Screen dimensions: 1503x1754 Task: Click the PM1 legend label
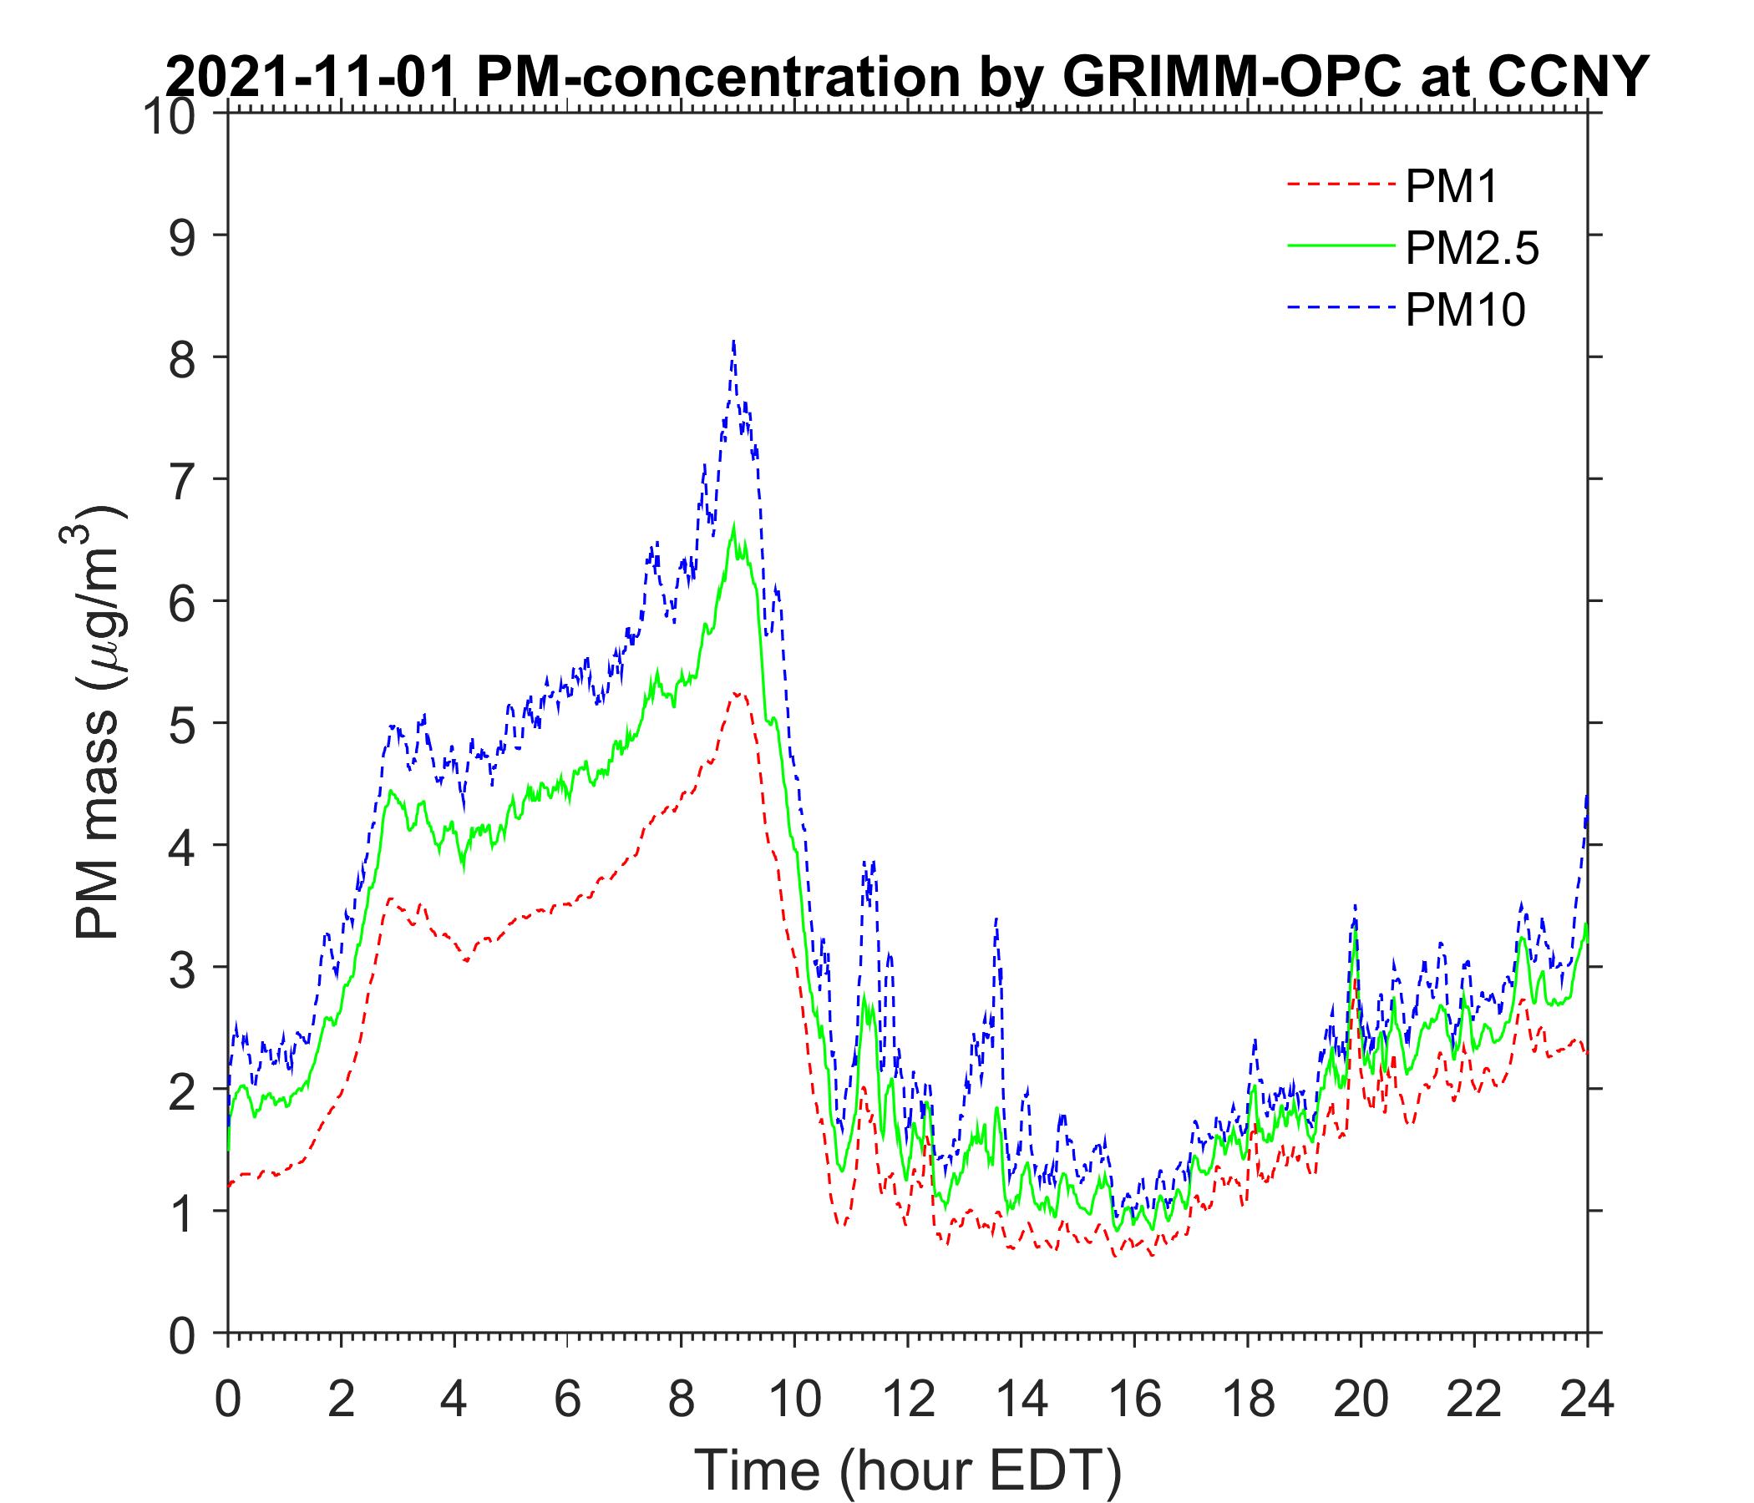(x=1451, y=187)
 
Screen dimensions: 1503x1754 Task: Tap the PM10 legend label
(x=1464, y=310)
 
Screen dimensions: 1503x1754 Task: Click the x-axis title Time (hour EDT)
(x=907, y=1470)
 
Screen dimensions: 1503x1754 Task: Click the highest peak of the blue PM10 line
(x=733, y=342)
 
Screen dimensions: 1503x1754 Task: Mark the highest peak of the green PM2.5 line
(x=734, y=524)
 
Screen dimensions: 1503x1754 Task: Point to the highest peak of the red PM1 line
(x=738, y=692)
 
